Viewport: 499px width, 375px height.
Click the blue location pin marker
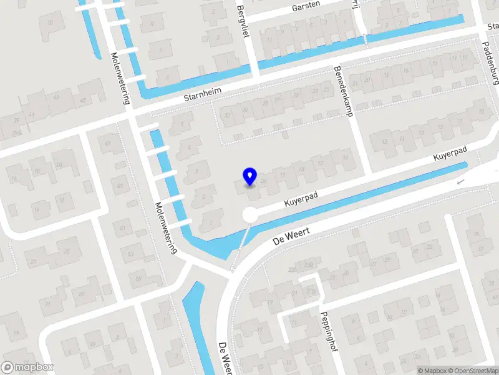[249, 176]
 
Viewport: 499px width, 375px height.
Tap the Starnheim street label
[203, 97]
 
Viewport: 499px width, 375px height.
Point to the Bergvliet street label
[243, 21]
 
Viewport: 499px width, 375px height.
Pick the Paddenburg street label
[492, 63]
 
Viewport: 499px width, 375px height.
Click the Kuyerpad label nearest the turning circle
[301, 200]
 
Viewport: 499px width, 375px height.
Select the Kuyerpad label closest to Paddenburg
[452, 155]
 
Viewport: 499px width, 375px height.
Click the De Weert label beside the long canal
[291, 235]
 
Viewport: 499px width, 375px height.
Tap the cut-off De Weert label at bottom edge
[225, 359]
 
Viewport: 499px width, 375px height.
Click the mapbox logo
[27, 367]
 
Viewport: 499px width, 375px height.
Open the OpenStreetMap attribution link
[472, 371]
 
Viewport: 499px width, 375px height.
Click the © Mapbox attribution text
[431, 371]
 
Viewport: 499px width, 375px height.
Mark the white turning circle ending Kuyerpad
[250, 214]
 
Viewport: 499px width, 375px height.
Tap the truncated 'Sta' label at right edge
[493, 26]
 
